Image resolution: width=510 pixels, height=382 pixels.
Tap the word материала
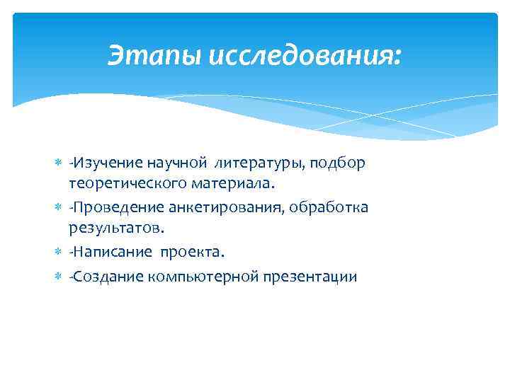pos(229,184)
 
